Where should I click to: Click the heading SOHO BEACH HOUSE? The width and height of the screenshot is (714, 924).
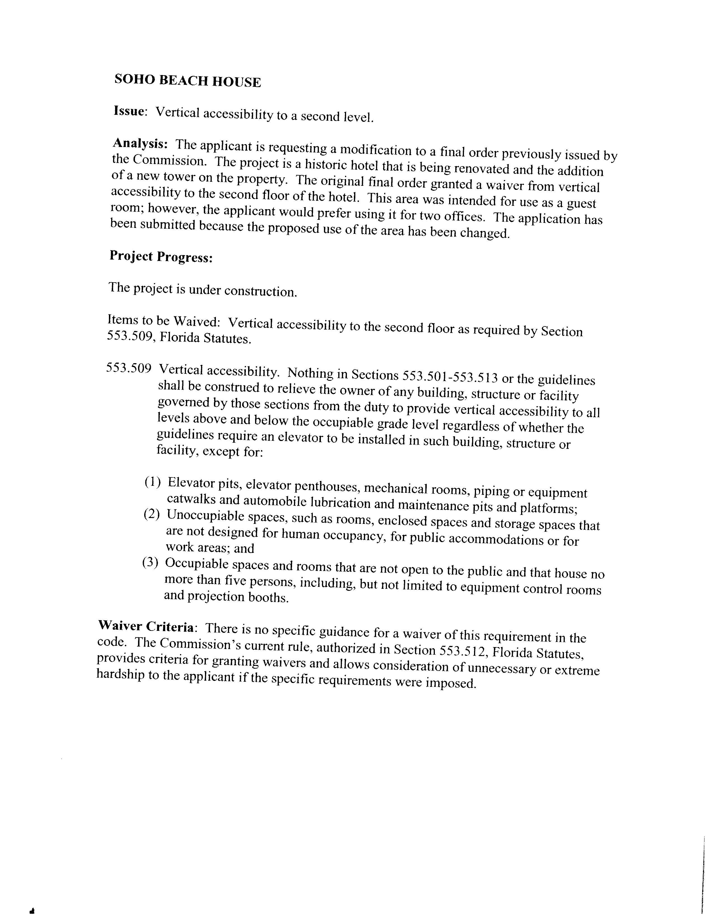point(187,81)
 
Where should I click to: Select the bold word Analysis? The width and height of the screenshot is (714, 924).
point(140,144)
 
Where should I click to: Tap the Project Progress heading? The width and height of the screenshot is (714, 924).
point(161,257)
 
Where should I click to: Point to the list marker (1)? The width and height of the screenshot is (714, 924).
point(153,482)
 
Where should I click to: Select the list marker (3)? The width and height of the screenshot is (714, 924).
point(150,563)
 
